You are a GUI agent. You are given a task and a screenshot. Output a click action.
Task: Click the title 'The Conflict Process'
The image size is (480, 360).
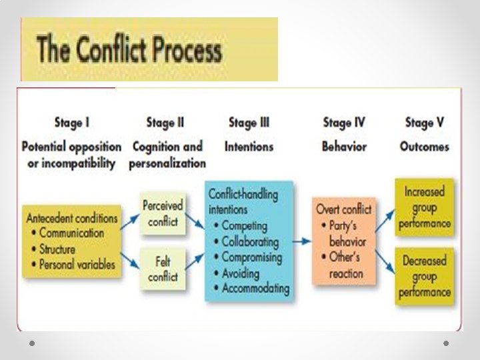[x=129, y=51]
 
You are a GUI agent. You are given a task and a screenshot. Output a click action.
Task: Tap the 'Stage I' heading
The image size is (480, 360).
[x=72, y=123]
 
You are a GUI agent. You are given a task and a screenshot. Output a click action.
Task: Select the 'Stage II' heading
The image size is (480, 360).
[x=165, y=123]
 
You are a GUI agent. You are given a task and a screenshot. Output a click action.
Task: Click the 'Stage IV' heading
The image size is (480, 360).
[x=345, y=123]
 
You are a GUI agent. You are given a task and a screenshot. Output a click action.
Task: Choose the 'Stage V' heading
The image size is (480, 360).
[x=425, y=123]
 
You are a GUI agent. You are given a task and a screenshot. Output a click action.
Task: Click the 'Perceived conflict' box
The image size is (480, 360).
[x=162, y=213]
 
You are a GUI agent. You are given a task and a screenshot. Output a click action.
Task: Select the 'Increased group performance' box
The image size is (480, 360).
[x=425, y=207]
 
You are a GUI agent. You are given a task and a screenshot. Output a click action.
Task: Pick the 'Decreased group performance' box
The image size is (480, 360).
[x=425, y=277]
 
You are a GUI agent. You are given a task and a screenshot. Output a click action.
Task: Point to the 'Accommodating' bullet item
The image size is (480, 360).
[x=255, y=289]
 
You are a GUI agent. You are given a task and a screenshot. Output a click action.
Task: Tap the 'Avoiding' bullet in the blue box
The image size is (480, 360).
[x=244, y=273]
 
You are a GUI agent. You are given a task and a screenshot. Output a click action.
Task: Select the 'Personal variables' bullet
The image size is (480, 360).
[x=77, y=264]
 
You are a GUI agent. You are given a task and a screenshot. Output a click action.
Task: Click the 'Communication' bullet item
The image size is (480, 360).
[x=72, y=233]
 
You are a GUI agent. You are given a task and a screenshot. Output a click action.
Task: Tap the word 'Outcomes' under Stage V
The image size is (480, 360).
[x=425, y=147]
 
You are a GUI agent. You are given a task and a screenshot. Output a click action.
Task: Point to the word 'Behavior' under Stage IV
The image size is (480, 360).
[x=345, y=147]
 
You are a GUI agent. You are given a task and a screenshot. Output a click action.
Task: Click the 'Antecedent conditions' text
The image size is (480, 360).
[x=72, y=218]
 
